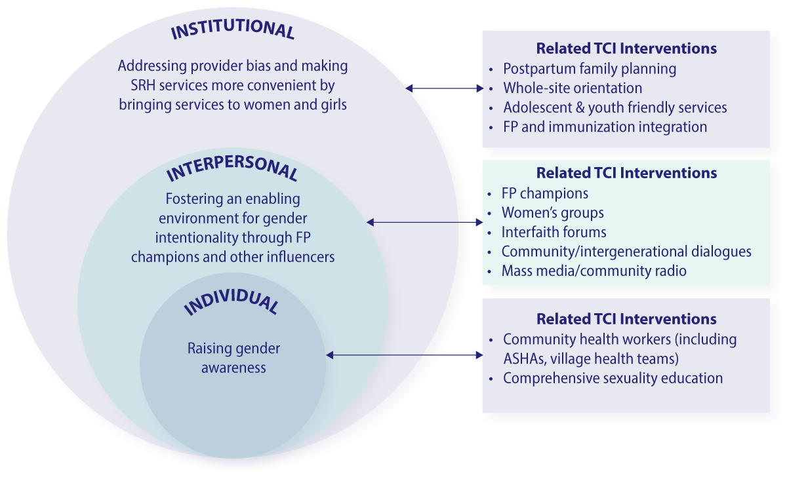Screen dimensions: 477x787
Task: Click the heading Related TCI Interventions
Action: click(626, 173)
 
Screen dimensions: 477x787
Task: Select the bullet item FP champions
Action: click(544, 194)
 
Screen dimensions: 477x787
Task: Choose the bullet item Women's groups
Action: click(552, 213)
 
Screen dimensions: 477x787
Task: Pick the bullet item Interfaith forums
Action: click(554, 232)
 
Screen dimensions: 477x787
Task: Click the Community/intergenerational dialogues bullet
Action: click(626, 252)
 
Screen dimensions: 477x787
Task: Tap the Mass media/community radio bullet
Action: click(594, 271)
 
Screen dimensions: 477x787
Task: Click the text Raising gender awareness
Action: click(233, 358)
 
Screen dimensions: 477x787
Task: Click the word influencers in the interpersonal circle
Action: click(301, 256)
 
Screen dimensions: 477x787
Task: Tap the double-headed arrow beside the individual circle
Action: click(403, 355)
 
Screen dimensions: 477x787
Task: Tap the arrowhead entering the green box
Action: click(479, 223)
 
